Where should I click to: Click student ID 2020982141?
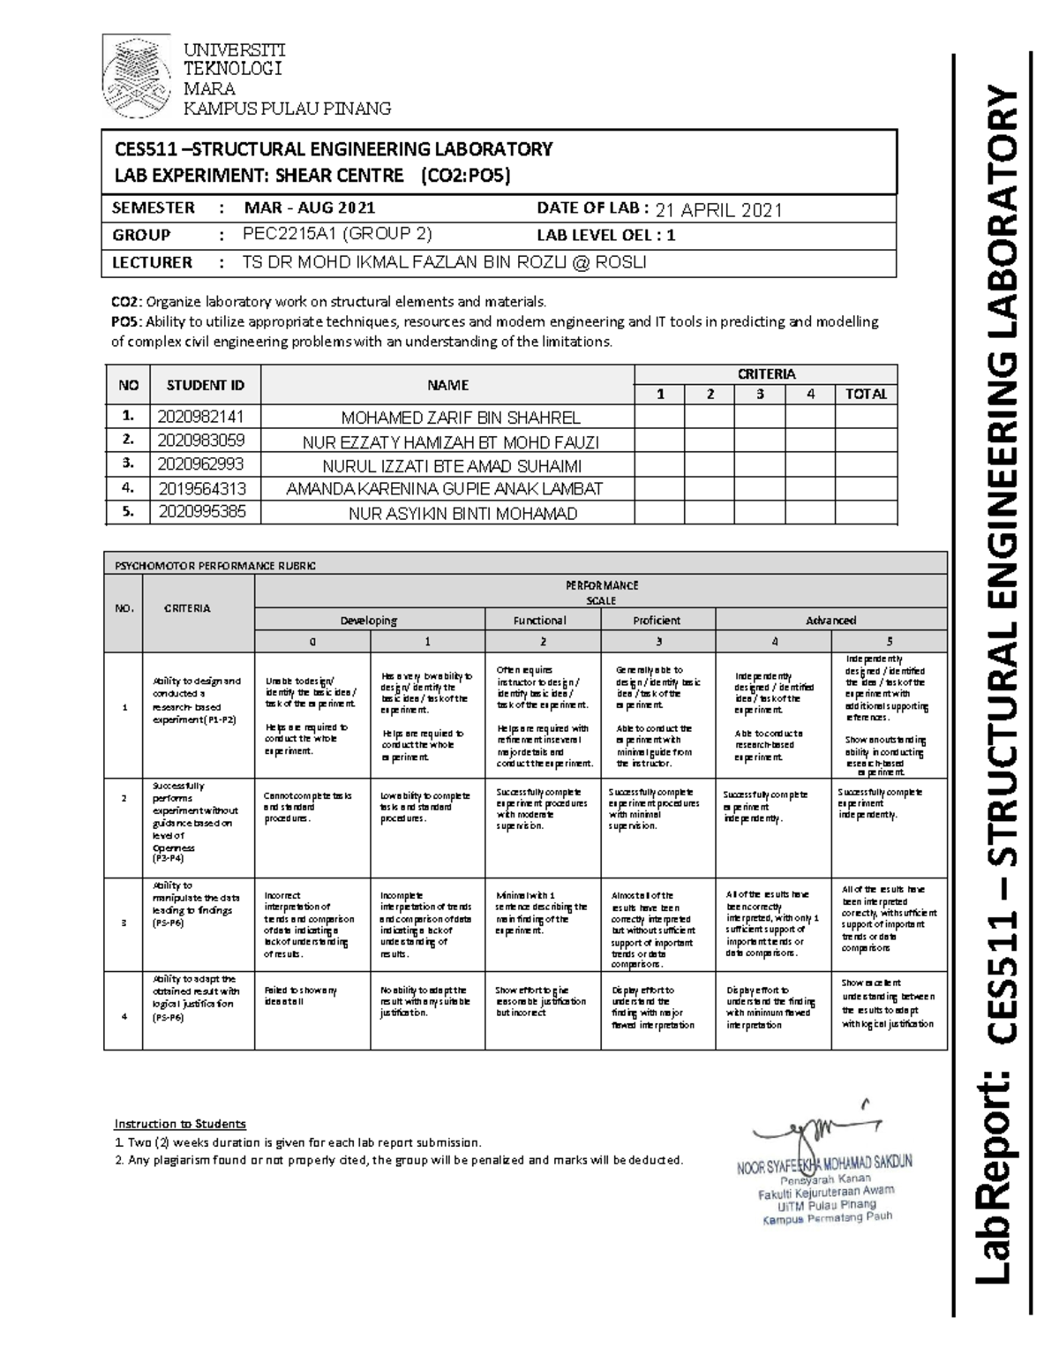click(200, 417)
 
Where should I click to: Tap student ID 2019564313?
click(202, 488)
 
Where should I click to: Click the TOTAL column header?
click(865, 395)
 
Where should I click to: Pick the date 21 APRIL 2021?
click(718, 210)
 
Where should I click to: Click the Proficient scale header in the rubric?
click(657, 620)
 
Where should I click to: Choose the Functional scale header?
click(539, 620)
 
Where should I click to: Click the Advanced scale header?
click(830, 620)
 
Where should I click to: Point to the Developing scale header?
click(368, 620)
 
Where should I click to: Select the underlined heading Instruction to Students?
click(179, 1124)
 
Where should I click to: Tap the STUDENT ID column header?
click(200, 385)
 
